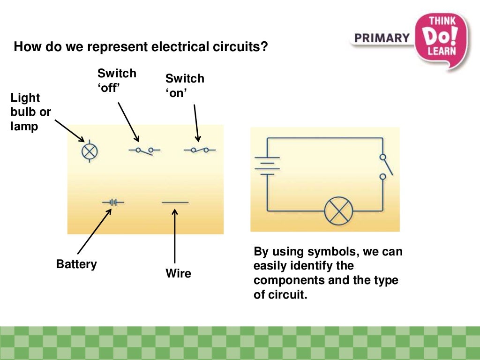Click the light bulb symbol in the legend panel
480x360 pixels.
coord(90,151)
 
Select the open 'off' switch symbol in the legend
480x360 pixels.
coord(144,150)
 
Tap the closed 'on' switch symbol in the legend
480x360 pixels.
coord(200,150)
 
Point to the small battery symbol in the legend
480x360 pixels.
coord(113,202)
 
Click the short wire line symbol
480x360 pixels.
coord(175,202)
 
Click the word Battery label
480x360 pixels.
coord(76,264)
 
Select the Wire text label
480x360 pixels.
coord(179,273)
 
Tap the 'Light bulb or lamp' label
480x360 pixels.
coord(30,112)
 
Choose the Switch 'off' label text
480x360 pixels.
coord(117,80)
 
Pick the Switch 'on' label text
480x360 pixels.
coord(185,85)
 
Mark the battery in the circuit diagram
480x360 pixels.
coord(267,165)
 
